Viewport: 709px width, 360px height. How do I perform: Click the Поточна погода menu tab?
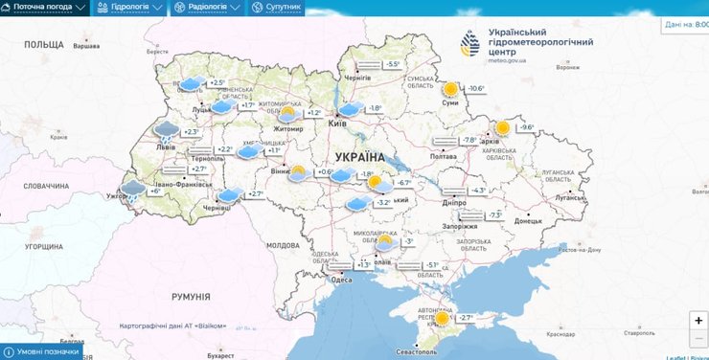[48, 7]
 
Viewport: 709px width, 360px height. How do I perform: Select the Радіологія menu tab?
[206, 7]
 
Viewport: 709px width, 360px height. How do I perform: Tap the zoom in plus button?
[698, 321]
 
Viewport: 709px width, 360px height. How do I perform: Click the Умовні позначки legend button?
[44, 351]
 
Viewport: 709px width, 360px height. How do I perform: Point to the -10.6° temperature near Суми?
[475, 89]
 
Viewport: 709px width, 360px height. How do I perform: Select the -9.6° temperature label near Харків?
[526, 127]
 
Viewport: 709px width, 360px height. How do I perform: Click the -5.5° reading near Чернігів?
[392, 64]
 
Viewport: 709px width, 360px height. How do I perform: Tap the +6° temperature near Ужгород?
[155, 191]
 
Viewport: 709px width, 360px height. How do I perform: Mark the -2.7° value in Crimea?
[465, 318]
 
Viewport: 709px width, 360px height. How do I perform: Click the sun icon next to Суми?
[450, 89]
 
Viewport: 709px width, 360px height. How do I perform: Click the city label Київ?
[337, 124]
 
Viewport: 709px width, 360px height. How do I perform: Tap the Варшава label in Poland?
[86, 46]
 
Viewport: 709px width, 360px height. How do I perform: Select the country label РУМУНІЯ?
[191, 298]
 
